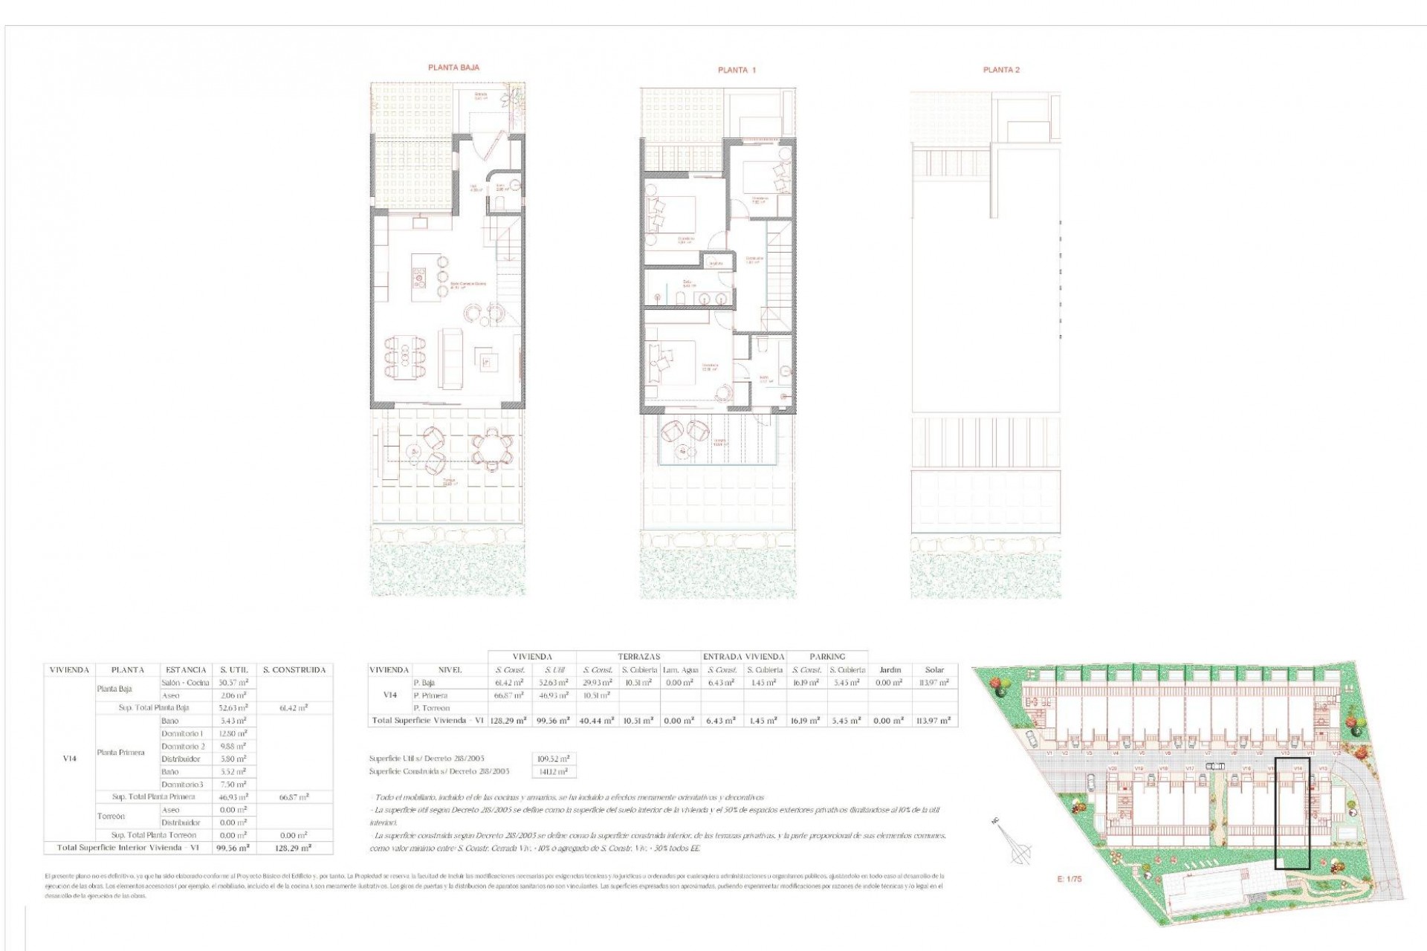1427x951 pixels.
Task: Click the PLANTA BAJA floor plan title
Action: pos(453,68)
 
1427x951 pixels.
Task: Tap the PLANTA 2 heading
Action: pos(1001,70)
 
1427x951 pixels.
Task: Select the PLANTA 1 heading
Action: pos(737,70)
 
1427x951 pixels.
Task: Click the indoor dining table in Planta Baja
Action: pos(405,359)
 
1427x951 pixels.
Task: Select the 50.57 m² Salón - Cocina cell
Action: pos(233,682)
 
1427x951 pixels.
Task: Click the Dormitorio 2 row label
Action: pos(182,746)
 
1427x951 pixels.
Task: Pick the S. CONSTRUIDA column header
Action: pos(294,669)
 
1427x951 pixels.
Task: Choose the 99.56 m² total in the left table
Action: pos(233,847)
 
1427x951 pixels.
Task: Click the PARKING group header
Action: pos(827,656)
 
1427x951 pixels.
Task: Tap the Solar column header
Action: pos(934,669)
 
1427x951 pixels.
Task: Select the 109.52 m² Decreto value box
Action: pos(554,759)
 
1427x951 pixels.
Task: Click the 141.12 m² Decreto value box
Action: pos(554,771)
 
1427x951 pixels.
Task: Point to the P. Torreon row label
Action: pos(432,708)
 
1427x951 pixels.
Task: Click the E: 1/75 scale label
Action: pos(1070,878)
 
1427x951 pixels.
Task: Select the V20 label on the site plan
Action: pos(1113,768)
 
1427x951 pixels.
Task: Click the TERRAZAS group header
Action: pos(638,656)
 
